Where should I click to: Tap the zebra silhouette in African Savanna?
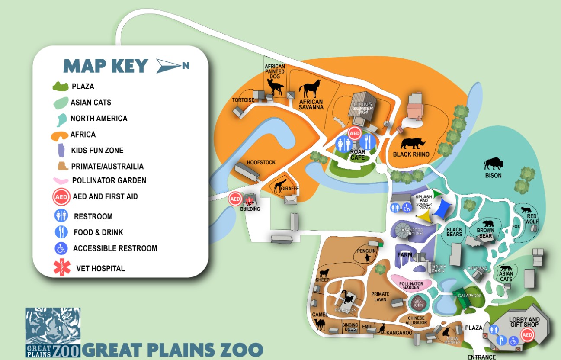click(x=311, y=89)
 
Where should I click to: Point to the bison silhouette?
click(x=493, y=164)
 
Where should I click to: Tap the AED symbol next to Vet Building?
click(x=235, y=199)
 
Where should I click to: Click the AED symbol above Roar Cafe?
click(x=355, y=133)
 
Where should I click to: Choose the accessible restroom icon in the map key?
click(x=61, y=248)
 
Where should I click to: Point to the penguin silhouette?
click(x=367, y=258)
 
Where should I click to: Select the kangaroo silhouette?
click(x=381, y=328)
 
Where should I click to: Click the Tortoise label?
click(x=243, y=100)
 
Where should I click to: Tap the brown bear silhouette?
click(x=488, y=224)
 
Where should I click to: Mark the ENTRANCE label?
click(x=481, y=357)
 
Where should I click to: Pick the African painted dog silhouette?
click(x=275, y=87)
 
